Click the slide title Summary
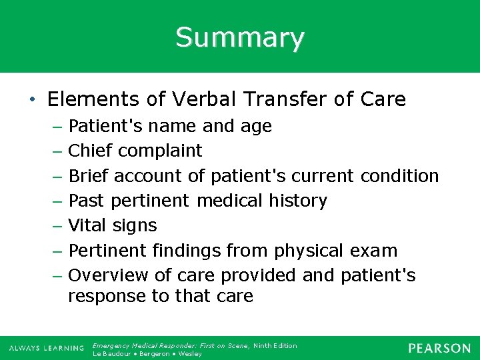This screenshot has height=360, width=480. (240, 37)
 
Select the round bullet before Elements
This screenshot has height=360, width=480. (33, 101)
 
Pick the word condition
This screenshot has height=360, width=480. (399, 176)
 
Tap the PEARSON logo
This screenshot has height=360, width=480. (439, 348)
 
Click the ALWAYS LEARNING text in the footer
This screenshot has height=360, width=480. (46, 349)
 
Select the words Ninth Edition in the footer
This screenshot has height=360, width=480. (275, 345)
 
